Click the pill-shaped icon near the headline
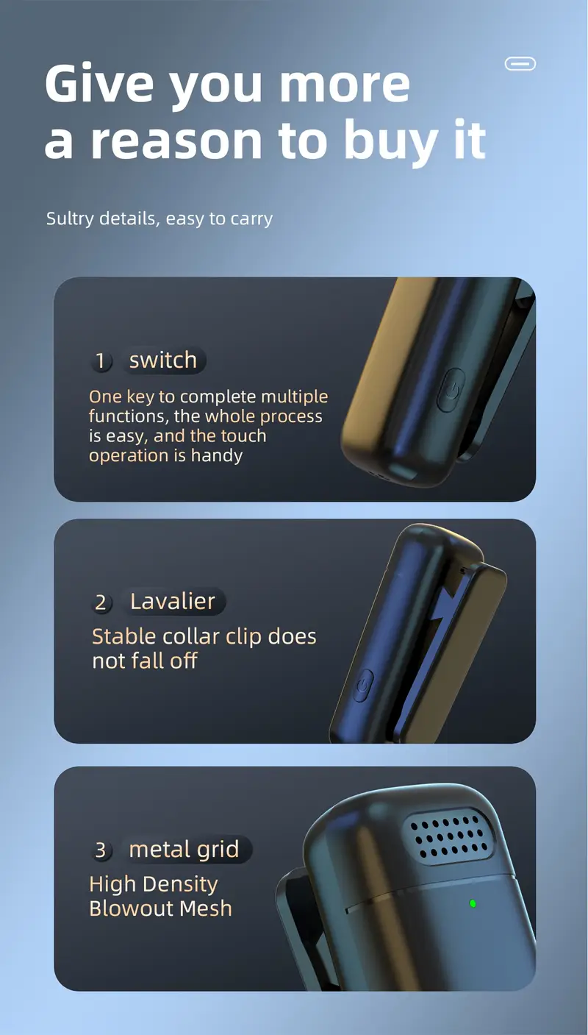pyautogui.click(x=520, y=64)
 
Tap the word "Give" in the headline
pyautogui.click(x=98, y=84)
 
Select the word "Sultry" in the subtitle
pyautogui.click(x=70, y=219)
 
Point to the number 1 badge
pyautogui.click(x=101, y=361)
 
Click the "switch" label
pyautogui.click(x=163, y=360)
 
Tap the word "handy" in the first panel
pyautogui.click(x=217, y=456)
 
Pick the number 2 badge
pyautogui.click(x=101, y=602)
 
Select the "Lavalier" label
pyautogui.click(x=173, y=601)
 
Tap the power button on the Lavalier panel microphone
pyautogui.click(x=363, y=686)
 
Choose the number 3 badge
pyautogui.click(x=101, y=850)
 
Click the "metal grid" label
pyautogui.click(x=184, y=849)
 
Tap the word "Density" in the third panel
pyautogui.click(x=180, y=885)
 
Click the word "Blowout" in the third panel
pyautogui.click(x=131, y=908)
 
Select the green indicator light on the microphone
pyautogui.click(x=473, y=903)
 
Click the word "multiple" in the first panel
pyautogui.click(x=295, y=397)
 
